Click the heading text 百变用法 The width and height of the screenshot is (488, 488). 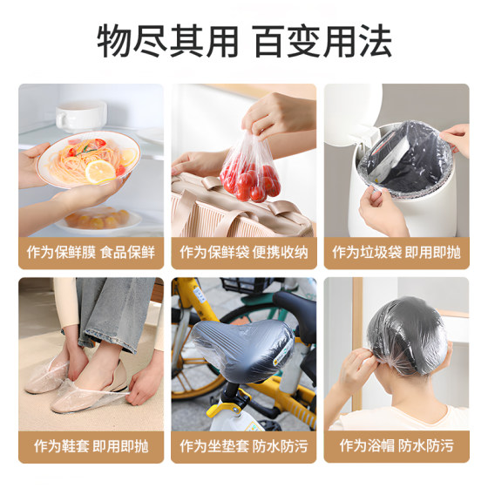click(322, 42)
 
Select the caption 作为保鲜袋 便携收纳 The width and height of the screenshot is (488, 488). click(244, 253)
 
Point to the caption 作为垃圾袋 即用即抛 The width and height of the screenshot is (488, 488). click(396, 253)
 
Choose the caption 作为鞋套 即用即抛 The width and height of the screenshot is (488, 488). click(91, 446)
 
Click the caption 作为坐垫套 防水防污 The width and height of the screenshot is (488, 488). click(244, 446)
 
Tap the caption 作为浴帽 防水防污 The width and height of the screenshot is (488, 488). click(396, 446)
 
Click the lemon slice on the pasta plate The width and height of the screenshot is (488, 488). click(99, 171)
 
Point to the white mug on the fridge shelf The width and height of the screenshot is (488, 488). click(80, 114)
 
